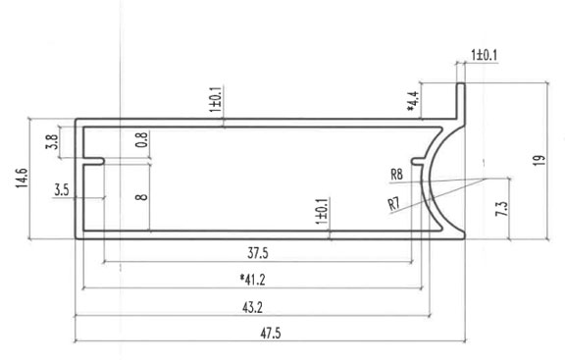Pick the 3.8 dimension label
click(51, 141)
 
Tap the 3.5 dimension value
click(61, 186)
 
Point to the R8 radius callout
click(397, 175)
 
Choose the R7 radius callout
click(393, 204)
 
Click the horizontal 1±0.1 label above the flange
click(485, 55)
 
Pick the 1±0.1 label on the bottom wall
click(323, 209)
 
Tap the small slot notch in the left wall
click(94, 159)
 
